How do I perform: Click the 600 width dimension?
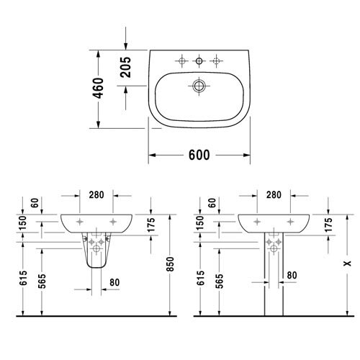199,155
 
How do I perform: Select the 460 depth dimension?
99,88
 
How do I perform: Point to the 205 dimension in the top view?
126,67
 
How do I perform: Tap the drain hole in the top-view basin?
199,86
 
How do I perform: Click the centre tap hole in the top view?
199,61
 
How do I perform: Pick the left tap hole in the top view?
181,61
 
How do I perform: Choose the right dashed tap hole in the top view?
216,61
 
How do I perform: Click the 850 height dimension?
170,264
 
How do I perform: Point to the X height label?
347,264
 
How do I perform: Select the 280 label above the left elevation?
96,195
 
